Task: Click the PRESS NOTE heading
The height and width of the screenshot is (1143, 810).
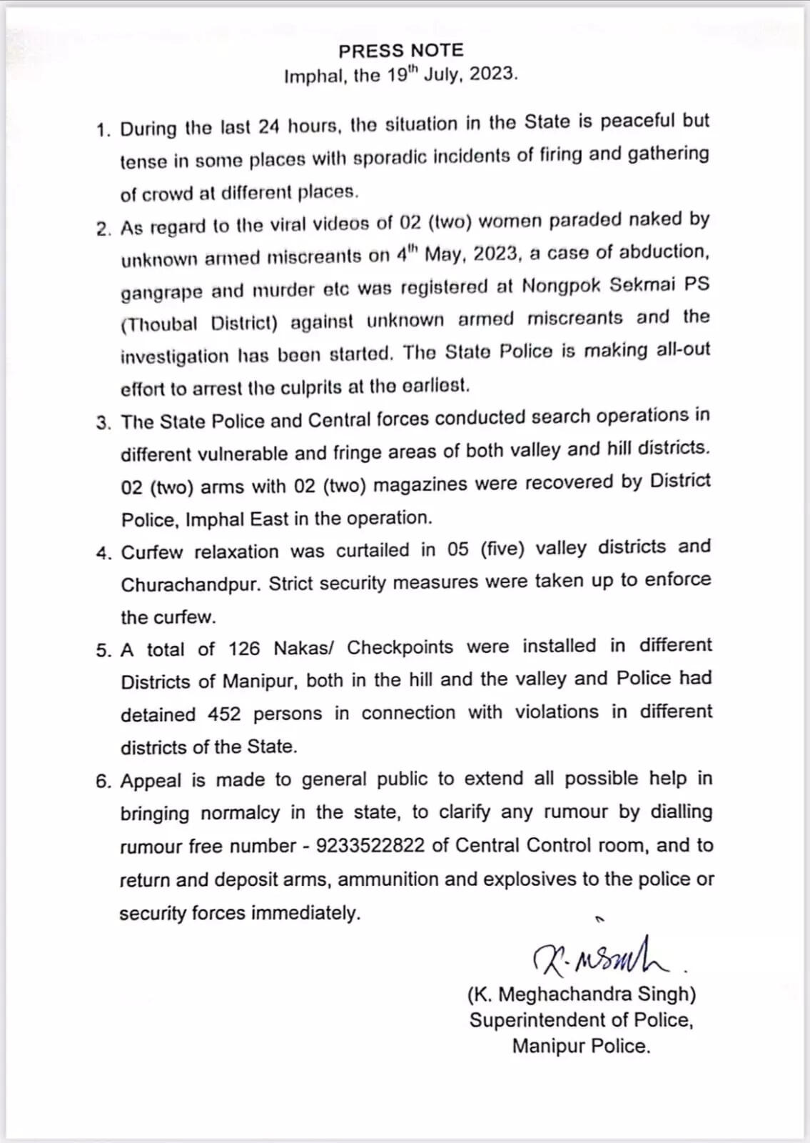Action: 400,51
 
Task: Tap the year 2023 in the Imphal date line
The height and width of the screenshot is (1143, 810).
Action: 493,74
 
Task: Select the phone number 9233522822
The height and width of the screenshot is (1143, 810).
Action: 370,846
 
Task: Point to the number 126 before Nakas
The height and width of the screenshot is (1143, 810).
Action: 244,649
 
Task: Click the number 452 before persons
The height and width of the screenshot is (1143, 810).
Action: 224,714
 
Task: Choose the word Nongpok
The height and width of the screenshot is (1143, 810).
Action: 562,286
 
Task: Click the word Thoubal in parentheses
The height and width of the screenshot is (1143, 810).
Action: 161,324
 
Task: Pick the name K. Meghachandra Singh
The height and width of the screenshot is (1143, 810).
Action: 582,994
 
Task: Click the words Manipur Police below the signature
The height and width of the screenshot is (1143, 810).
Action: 581,1047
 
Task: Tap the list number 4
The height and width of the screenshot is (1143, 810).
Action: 104,554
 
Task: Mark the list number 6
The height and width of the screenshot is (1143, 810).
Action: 103,782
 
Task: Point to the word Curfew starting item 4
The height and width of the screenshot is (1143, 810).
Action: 151,552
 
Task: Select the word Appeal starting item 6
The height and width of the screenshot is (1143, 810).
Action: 151,781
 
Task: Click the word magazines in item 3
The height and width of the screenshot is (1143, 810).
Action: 421,485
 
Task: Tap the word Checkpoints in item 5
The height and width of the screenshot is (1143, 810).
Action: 400,647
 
